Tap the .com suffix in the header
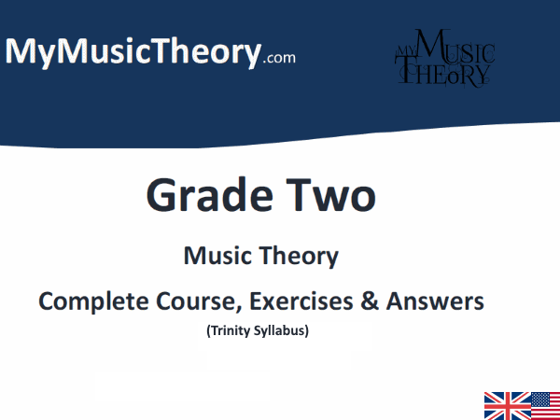click(279, 57)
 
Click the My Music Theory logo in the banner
click(442, 58)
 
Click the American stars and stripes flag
click(545, 405)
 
